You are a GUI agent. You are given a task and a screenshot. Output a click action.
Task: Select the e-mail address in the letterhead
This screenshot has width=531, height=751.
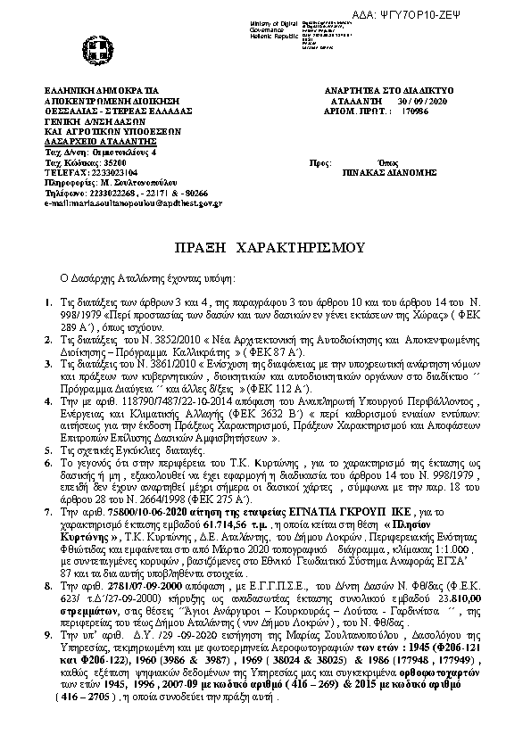point(134,204)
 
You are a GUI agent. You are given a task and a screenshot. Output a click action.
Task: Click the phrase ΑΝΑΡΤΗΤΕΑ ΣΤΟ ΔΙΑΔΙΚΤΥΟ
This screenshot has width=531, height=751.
point(393,91)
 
